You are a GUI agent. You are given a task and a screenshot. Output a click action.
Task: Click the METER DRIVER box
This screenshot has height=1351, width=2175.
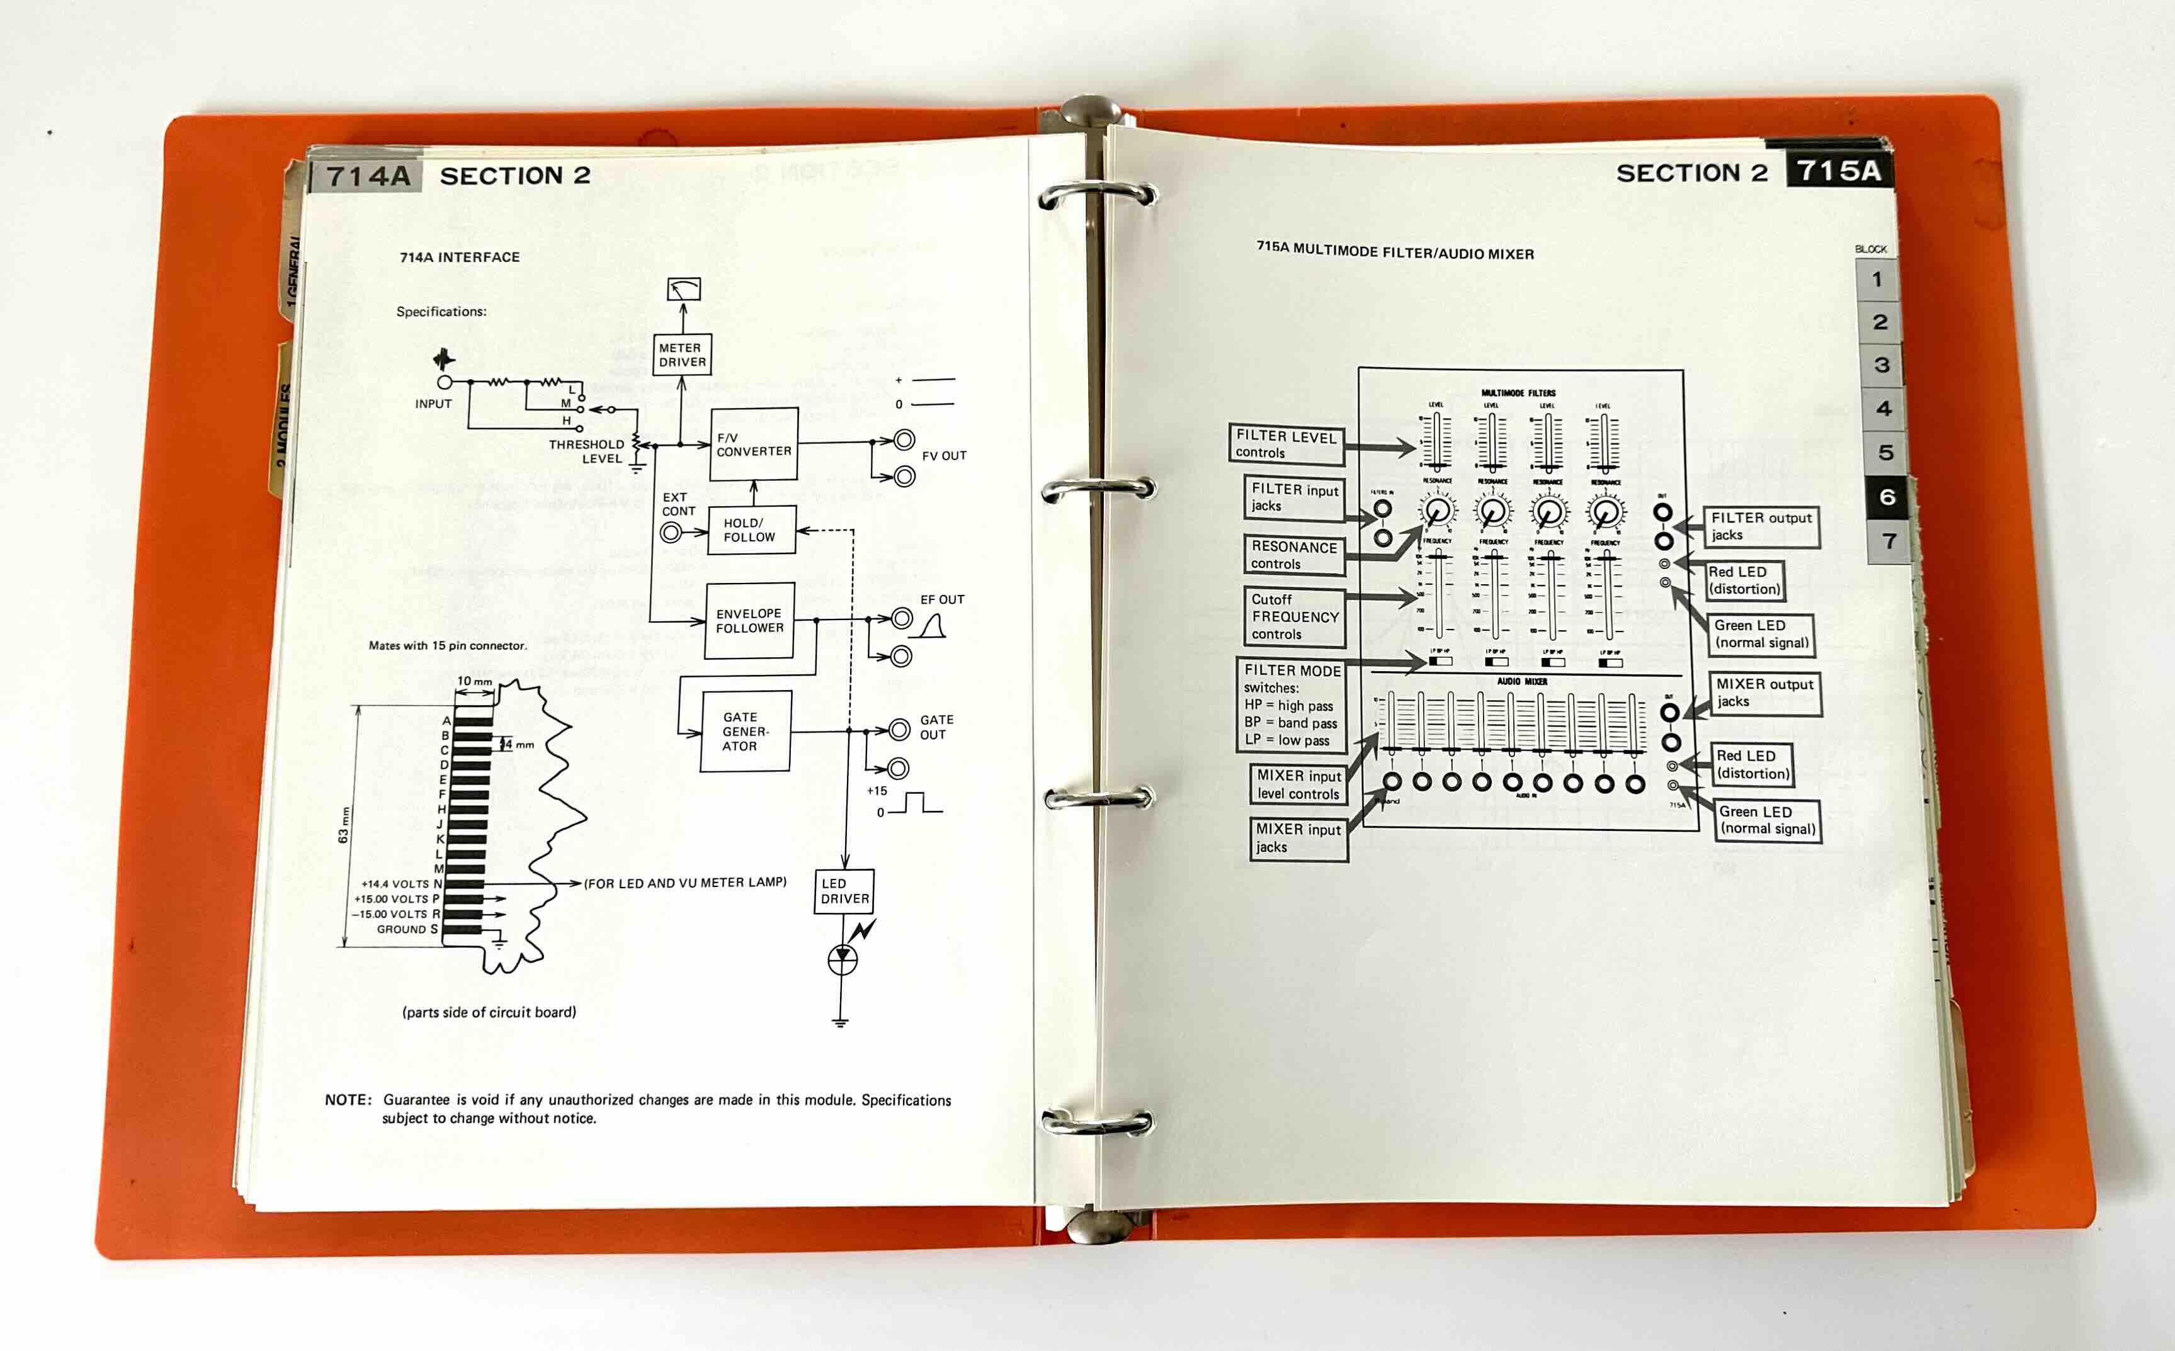click(682, 354)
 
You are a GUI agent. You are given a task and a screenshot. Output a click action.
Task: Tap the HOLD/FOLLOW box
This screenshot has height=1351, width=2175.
click(751, 530)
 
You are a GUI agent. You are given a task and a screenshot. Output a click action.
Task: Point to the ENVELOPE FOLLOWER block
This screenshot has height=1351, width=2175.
click(749, 620)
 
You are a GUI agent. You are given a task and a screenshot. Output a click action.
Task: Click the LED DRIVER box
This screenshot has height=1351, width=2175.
click(844, 891)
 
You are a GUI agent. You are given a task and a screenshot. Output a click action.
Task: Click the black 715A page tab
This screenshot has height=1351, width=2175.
click(1838, 170)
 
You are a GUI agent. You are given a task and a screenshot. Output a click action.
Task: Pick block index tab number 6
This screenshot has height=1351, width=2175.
click(1887, 497)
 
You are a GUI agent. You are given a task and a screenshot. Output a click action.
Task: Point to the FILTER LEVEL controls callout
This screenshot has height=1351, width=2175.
click(1286, 444)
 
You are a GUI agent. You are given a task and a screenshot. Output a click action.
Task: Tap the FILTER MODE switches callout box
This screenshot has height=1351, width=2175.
click(1292, 704)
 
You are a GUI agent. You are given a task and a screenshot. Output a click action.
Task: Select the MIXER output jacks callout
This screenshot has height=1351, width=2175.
click(1763, 692)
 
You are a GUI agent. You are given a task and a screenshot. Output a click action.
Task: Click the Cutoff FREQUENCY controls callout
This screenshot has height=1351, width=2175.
click(1294, 616)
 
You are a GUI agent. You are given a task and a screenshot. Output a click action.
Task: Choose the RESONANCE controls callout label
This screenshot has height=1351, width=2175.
click(1293, 555)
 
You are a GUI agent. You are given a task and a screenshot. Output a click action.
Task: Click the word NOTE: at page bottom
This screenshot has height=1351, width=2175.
click(348, 1100)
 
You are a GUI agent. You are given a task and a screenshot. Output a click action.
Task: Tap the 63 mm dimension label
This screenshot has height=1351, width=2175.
click(343, 824)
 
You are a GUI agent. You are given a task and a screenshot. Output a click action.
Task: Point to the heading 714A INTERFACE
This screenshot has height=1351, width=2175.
click(459, 257)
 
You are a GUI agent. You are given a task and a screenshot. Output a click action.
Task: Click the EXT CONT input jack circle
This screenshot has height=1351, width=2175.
click(670, 533)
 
